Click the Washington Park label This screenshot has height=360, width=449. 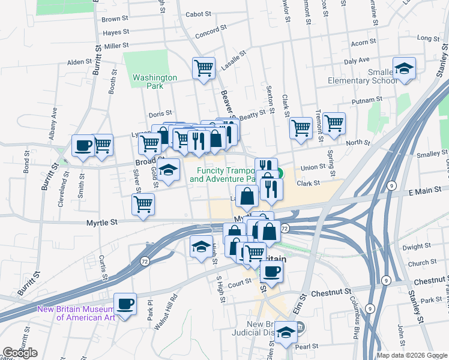pos(155,82)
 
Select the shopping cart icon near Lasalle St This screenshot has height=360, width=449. pos(203,68)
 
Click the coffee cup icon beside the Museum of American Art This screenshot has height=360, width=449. pos(125,304)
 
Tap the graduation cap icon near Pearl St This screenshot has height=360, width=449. pos(287,332)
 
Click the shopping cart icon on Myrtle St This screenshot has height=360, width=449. pos(143,205)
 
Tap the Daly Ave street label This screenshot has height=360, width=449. pos(357,61)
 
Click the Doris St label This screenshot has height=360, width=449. pos(160,113)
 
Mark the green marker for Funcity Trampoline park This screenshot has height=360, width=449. pos(280,175)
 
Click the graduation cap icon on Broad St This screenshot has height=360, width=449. pos(169,170)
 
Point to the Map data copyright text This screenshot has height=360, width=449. pos(411,355)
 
